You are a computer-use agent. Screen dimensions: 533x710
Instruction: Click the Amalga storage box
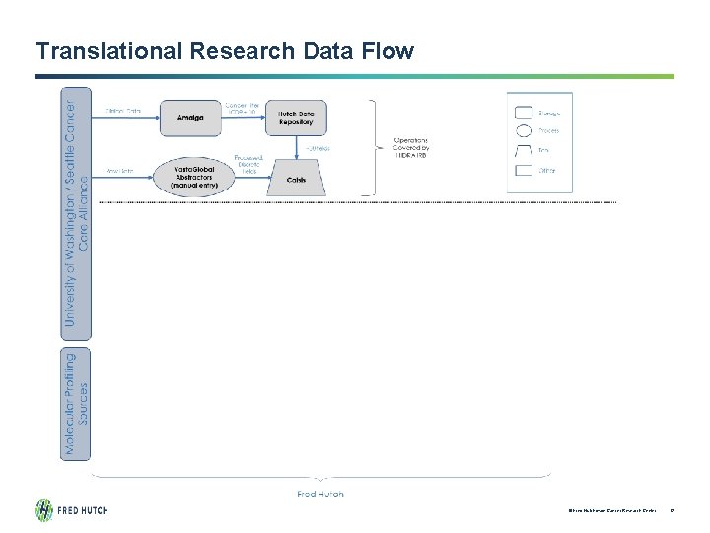pyautogui.click(x=190, y=117)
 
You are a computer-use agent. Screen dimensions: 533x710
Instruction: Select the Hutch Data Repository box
pyautogui.click(x=296, y=117)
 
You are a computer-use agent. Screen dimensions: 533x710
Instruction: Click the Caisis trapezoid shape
pyautogui.click(x=296, y=178)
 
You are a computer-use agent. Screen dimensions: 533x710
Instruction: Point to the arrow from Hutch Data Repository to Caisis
pyautogui.click(x=296, y=148)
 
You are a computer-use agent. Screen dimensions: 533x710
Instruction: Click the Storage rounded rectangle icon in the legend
pyautogui.click(x=524, y=114)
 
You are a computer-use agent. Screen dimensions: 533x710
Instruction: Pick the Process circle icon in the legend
pyautogui.click(x=524, y=131)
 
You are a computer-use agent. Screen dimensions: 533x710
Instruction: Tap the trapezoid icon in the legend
pyautogui.click(x=524, y=151)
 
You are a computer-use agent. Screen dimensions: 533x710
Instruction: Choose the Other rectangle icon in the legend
pyautogui.click(x=524, y=171)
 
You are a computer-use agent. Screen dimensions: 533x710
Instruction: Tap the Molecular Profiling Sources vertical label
pyautogui.click(x=76, y=404)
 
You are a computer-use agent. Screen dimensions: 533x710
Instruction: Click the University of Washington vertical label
pyautogui.click(x=76, y=212)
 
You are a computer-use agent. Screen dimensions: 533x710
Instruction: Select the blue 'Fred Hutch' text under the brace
pyautogui.click(x=320, y=494)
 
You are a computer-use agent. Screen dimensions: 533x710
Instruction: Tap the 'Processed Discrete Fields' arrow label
pyautogui.click(x=248, y=163)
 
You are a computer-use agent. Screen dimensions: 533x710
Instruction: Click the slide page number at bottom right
pyautogui.click(x=671, y=511)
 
